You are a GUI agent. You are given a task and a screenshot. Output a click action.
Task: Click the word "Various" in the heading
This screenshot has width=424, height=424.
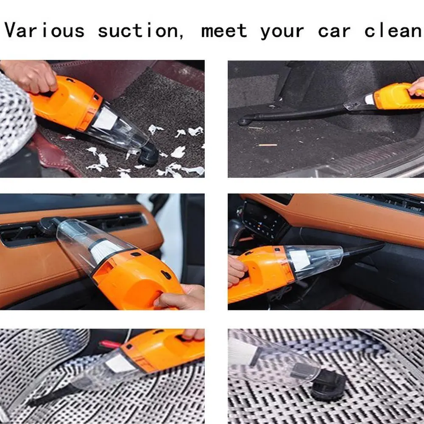coord(45,31)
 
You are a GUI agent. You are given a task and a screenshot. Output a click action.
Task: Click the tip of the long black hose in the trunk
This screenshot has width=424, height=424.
coord(243,121)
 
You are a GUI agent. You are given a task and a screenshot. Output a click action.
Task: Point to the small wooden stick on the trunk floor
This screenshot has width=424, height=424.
coord(268,145)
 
